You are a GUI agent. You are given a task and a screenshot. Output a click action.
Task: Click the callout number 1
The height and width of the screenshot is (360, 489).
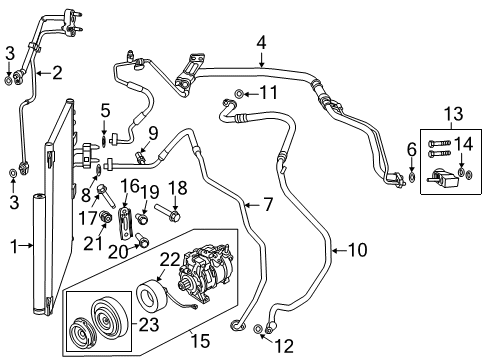point(11,245)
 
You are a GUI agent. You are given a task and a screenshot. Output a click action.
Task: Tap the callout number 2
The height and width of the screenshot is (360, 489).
point(57,71)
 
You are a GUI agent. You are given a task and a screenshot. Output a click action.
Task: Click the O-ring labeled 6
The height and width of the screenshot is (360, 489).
point(412,178)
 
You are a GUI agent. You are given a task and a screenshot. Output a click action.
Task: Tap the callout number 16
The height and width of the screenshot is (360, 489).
point(130,187)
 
